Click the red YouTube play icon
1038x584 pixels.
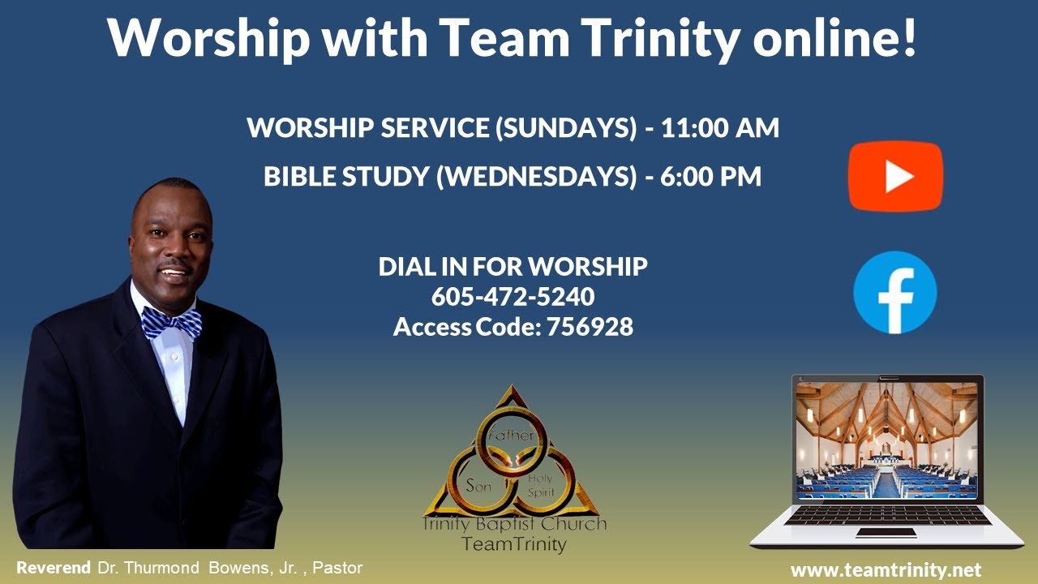click(x=895, y=176)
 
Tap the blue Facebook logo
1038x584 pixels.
click(x=895, y=293)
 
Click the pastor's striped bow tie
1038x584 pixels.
click(x=172, y=323)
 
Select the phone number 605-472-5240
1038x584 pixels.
click(x=513, y=296)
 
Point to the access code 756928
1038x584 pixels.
click(x=590, y=327)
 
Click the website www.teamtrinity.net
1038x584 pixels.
click(x=886, y=569)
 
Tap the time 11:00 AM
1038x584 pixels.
click(x=720, y=128)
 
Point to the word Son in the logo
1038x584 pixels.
click(x=479, y=486)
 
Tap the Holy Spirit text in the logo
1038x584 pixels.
click(x=539, y=485)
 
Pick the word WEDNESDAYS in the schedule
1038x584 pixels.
click(x=536, y=176)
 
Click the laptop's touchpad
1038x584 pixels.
click(x=886, y=532)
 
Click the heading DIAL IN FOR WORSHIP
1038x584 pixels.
click(x=513, y=266)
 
